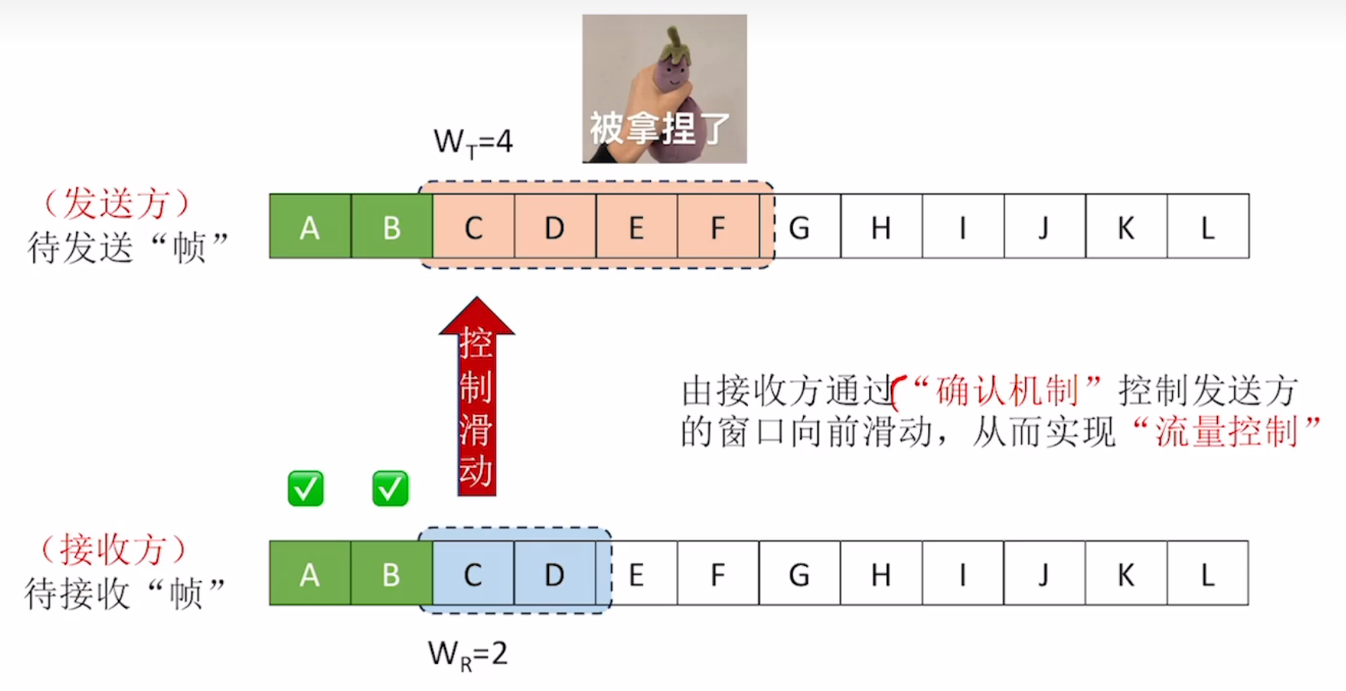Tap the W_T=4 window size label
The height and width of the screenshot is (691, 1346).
(x=473, y=142)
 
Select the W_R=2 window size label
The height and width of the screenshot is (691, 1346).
(x=468, y=654)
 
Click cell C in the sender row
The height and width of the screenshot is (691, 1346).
(x=474, y=227)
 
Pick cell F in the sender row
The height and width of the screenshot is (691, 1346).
(x=718, y=227)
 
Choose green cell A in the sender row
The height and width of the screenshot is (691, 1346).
(x=310, y=227)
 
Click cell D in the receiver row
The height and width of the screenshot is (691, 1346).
(x=554, y=574)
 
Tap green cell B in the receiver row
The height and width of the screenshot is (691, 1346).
(x=391, y=574)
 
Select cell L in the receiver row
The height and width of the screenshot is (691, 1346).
(x=1207, y=574)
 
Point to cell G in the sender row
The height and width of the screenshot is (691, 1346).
(x=800, y=227)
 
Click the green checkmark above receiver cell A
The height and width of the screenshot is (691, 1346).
(x=305, y=489)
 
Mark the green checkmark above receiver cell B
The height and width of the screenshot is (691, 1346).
(x=390, y=489)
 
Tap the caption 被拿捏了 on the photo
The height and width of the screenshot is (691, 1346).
(x=659, y=128)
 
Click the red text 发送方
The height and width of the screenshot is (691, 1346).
(x=117, y=204)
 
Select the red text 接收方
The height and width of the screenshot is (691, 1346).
(x=113, y=550)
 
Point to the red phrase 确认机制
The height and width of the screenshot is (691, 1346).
(x=1007, y=390)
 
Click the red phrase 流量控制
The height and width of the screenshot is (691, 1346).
(x=1226, y=432)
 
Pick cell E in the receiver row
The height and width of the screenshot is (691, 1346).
(x=636, y=574)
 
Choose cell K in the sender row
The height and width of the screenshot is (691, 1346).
(x=1125, y=227)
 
